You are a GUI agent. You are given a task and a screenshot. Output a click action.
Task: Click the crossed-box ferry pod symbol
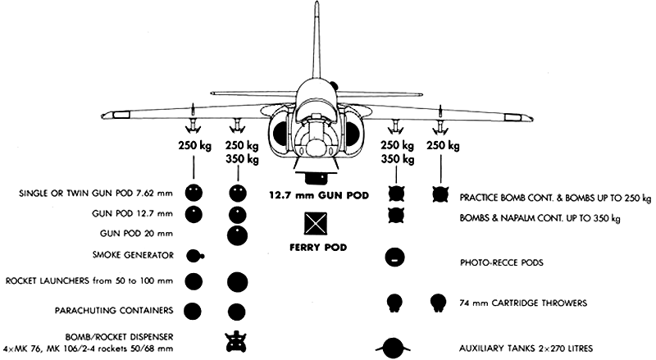pyautogui.click(x=316, y=224)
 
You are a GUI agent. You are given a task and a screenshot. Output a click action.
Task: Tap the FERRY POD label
pyautogui.click(x=318, y=248)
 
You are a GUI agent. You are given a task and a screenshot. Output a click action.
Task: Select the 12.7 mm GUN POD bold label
pyautogui.click(x=319, y=195)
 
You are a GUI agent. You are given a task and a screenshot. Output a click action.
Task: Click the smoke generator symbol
pyautogui.click(x=194, y=256)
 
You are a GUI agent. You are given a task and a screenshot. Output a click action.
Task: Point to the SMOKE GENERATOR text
pyautogui.click(x=133, y=255)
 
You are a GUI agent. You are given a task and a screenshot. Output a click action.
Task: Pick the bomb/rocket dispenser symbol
pyautogui.click(x=236, y=342)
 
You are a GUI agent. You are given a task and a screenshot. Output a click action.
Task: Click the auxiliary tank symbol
pyautogui.click(x=393, y=349)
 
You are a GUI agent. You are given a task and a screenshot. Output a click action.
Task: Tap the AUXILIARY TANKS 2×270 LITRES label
pyautogui.click(x=526, y=349)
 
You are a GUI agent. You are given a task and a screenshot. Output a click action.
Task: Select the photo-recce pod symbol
pyautogui.click(x=394, y=257)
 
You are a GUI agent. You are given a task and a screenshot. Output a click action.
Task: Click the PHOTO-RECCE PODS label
pyautogui.click(x=502, y=263)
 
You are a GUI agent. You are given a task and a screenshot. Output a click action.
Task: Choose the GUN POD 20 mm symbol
pyautogui.click(x=237, y=235)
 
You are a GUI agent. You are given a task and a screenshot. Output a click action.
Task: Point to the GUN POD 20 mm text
pyautogui.click(x=136, y=234)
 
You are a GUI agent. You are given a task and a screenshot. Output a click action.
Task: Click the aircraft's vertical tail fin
pyautogui.click(x=318, y=42)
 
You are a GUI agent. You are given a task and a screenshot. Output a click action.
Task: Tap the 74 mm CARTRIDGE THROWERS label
pyautogui.click(x=523, y=303)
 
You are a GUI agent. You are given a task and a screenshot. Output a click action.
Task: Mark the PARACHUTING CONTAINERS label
pyautogui.click(x=114, y=311)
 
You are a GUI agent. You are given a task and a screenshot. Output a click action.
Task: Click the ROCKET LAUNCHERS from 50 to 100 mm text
pyautogui.click(x=89, y=281)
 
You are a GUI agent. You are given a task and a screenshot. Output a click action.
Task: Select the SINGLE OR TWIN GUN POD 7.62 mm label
pyautogui.click(x=96, y=194)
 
